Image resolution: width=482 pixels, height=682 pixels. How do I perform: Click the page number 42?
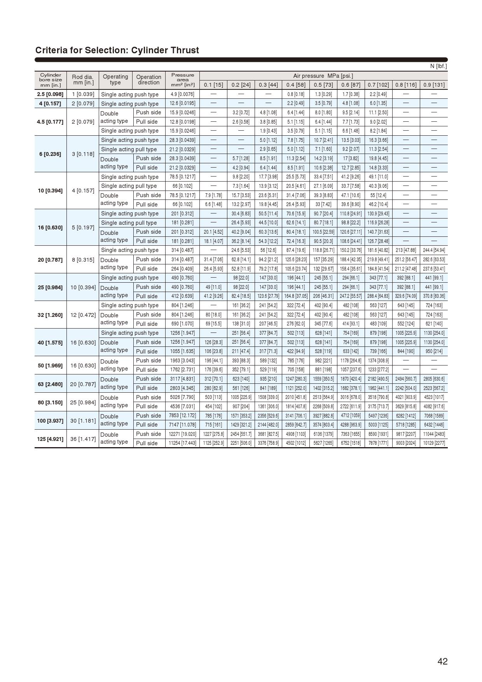pos(442,661)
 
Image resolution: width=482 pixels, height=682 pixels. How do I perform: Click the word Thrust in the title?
pos(184,50)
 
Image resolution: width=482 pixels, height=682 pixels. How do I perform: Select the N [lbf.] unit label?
pos(438,66)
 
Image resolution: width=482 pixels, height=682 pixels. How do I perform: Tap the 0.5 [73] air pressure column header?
pos(323,85)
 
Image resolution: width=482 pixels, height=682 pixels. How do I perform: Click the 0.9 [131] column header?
pos(433,85)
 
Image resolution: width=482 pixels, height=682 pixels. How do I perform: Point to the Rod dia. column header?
pos(82,80)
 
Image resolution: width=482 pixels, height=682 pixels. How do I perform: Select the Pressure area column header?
pos(182,80)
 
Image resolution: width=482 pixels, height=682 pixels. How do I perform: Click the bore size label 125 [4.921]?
pos(50,439)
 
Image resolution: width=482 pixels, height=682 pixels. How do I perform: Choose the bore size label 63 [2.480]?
pos(50,384)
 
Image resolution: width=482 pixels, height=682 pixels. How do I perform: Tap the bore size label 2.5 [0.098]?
pos(50,94)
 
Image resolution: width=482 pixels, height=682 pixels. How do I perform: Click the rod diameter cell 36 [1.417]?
pos(82,439)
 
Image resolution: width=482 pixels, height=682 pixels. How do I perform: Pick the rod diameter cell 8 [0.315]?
pos(82,259)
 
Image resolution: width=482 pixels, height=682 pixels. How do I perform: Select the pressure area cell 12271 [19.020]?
pos(182,434)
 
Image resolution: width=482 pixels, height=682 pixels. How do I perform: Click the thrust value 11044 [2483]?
pos(433,434)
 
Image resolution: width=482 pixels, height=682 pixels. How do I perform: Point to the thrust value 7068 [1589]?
pos(433,416)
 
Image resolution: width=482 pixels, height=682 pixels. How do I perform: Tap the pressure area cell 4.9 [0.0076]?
pos(182,94)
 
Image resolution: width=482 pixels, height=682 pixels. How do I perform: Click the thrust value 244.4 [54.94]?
pos(433,250)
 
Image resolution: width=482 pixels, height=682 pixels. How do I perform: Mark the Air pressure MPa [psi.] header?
pos(323,76)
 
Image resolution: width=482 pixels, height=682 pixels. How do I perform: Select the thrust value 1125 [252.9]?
pos(213,443)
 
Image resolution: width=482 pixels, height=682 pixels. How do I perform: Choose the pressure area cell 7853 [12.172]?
pos(182,416)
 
